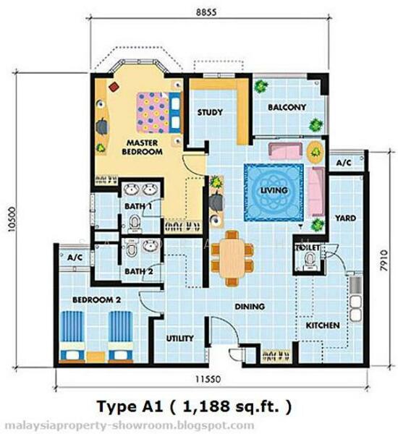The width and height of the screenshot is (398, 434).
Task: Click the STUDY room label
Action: tap(210, 112)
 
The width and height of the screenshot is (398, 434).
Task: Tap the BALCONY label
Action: tap(287, 107)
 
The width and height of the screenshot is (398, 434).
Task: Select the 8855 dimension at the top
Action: tap(206, 12)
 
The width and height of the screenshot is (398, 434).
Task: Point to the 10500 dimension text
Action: tap(12, 219)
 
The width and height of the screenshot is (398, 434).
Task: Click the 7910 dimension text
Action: tap(384, 260)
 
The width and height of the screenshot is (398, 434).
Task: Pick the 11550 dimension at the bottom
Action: tap(208, 379)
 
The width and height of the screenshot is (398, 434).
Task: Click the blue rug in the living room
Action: tap(274, 192)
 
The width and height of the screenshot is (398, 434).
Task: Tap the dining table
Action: tap(232, 258)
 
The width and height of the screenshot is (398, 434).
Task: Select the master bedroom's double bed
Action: tap(159, 113)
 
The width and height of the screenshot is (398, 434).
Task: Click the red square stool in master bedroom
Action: tap(114, 87)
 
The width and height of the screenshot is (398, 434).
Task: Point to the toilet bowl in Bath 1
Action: tap(135, 224)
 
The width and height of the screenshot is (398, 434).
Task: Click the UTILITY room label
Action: tap(179, 339)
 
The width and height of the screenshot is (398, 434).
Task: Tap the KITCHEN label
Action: tap(323, 325)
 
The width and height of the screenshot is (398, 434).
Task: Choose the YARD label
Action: tap(345, 218)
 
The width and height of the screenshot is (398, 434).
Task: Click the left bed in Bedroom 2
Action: tap(72, 336)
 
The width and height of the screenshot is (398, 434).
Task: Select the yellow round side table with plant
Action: tap(316, 152)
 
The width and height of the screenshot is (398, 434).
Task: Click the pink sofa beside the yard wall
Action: tap(316, 192)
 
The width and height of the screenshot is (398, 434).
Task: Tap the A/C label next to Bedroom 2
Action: tap(75, 258)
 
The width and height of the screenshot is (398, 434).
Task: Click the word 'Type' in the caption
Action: tap(114, 407)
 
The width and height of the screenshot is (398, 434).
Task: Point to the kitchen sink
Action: tap(355, 308)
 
